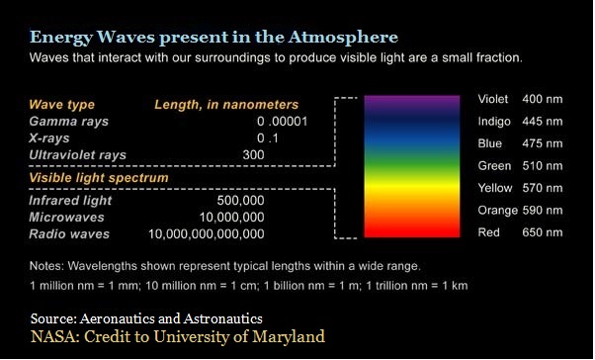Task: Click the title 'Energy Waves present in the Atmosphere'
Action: (213, 38)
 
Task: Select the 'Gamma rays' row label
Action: (69, 121)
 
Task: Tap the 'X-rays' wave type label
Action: (49, 137)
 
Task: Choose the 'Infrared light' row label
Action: (70, 200)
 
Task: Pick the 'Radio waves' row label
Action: (69, 234)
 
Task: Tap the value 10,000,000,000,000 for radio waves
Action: (206, 234)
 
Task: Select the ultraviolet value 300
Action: (253, 155)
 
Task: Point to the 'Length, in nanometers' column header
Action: (226, 104)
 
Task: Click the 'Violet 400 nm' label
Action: (520, 100)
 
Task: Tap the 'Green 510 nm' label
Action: (520, 166)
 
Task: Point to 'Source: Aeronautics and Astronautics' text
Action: (146, 318)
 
